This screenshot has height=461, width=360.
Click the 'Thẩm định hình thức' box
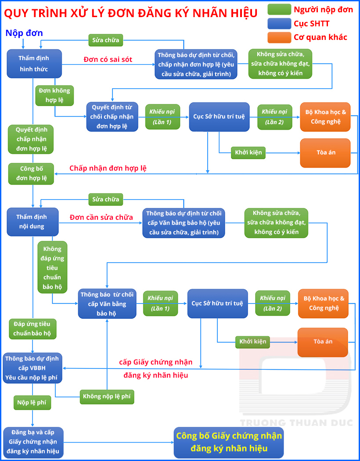34,64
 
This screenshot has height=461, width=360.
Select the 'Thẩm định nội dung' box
32,222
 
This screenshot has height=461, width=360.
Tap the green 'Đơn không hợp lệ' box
54,95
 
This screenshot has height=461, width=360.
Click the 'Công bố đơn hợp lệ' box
31,174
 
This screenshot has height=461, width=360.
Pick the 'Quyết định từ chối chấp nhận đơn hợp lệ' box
112,117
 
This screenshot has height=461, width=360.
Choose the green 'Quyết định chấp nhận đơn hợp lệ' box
31,139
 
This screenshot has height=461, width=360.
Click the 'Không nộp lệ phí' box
107,397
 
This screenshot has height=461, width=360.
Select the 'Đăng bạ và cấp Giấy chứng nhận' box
32,442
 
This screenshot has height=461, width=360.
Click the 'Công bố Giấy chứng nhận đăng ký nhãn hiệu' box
229,443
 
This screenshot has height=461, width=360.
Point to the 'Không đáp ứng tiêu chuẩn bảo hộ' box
53,268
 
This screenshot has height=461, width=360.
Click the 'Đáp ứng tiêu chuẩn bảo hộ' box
32,329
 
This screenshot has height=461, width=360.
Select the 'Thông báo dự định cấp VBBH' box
32,368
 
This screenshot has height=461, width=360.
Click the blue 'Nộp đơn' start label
24,33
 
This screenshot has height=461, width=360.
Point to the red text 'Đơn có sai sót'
108,59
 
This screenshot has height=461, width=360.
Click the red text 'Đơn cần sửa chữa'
101,217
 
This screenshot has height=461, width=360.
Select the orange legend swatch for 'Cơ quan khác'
279,37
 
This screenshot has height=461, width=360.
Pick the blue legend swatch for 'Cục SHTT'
279,23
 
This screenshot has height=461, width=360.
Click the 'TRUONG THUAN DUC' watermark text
296,422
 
